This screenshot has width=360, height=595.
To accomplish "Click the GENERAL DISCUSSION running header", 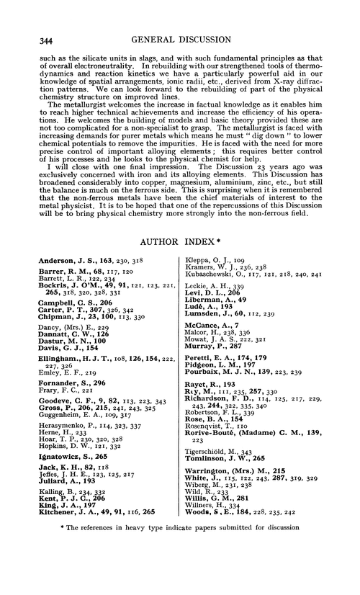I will (x=186, y=22).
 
